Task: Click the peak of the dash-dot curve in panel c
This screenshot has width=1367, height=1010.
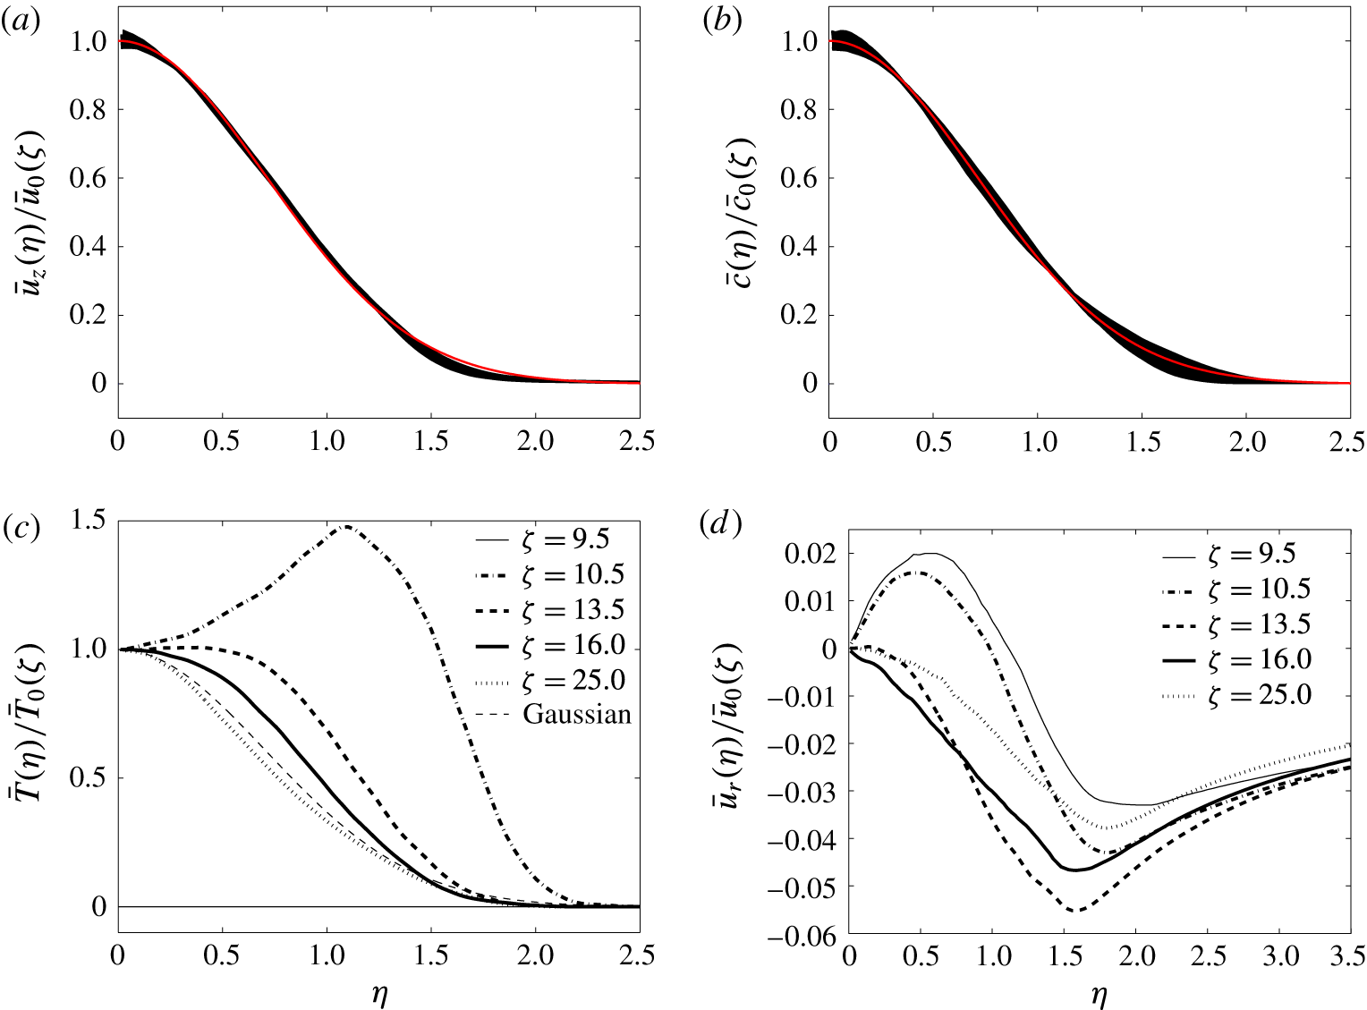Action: [345, 526]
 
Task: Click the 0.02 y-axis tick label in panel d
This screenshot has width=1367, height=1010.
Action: [809, 554]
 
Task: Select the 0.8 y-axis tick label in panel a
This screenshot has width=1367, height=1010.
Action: [87, 110]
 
